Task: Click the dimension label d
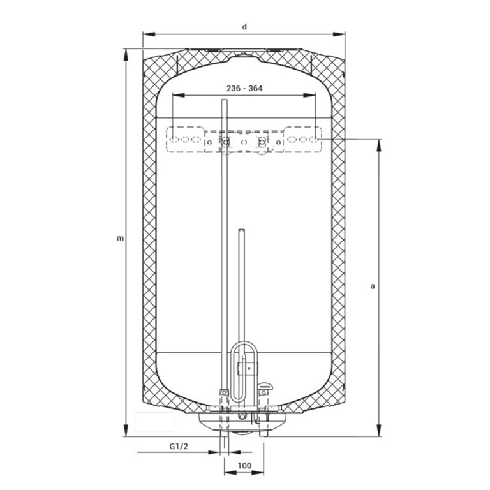tap(244, 27)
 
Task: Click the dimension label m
tap(120, 239)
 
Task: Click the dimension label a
tap(372, 286)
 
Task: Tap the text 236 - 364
tap(244, 89)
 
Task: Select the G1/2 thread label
tap(179, 446)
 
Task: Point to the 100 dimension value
tap(244, 466)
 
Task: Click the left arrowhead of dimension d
tap(149, 34)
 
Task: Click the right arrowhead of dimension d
tap(339, 34)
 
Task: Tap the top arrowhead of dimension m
tap(126, 55)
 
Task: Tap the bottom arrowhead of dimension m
tap(126, 430)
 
